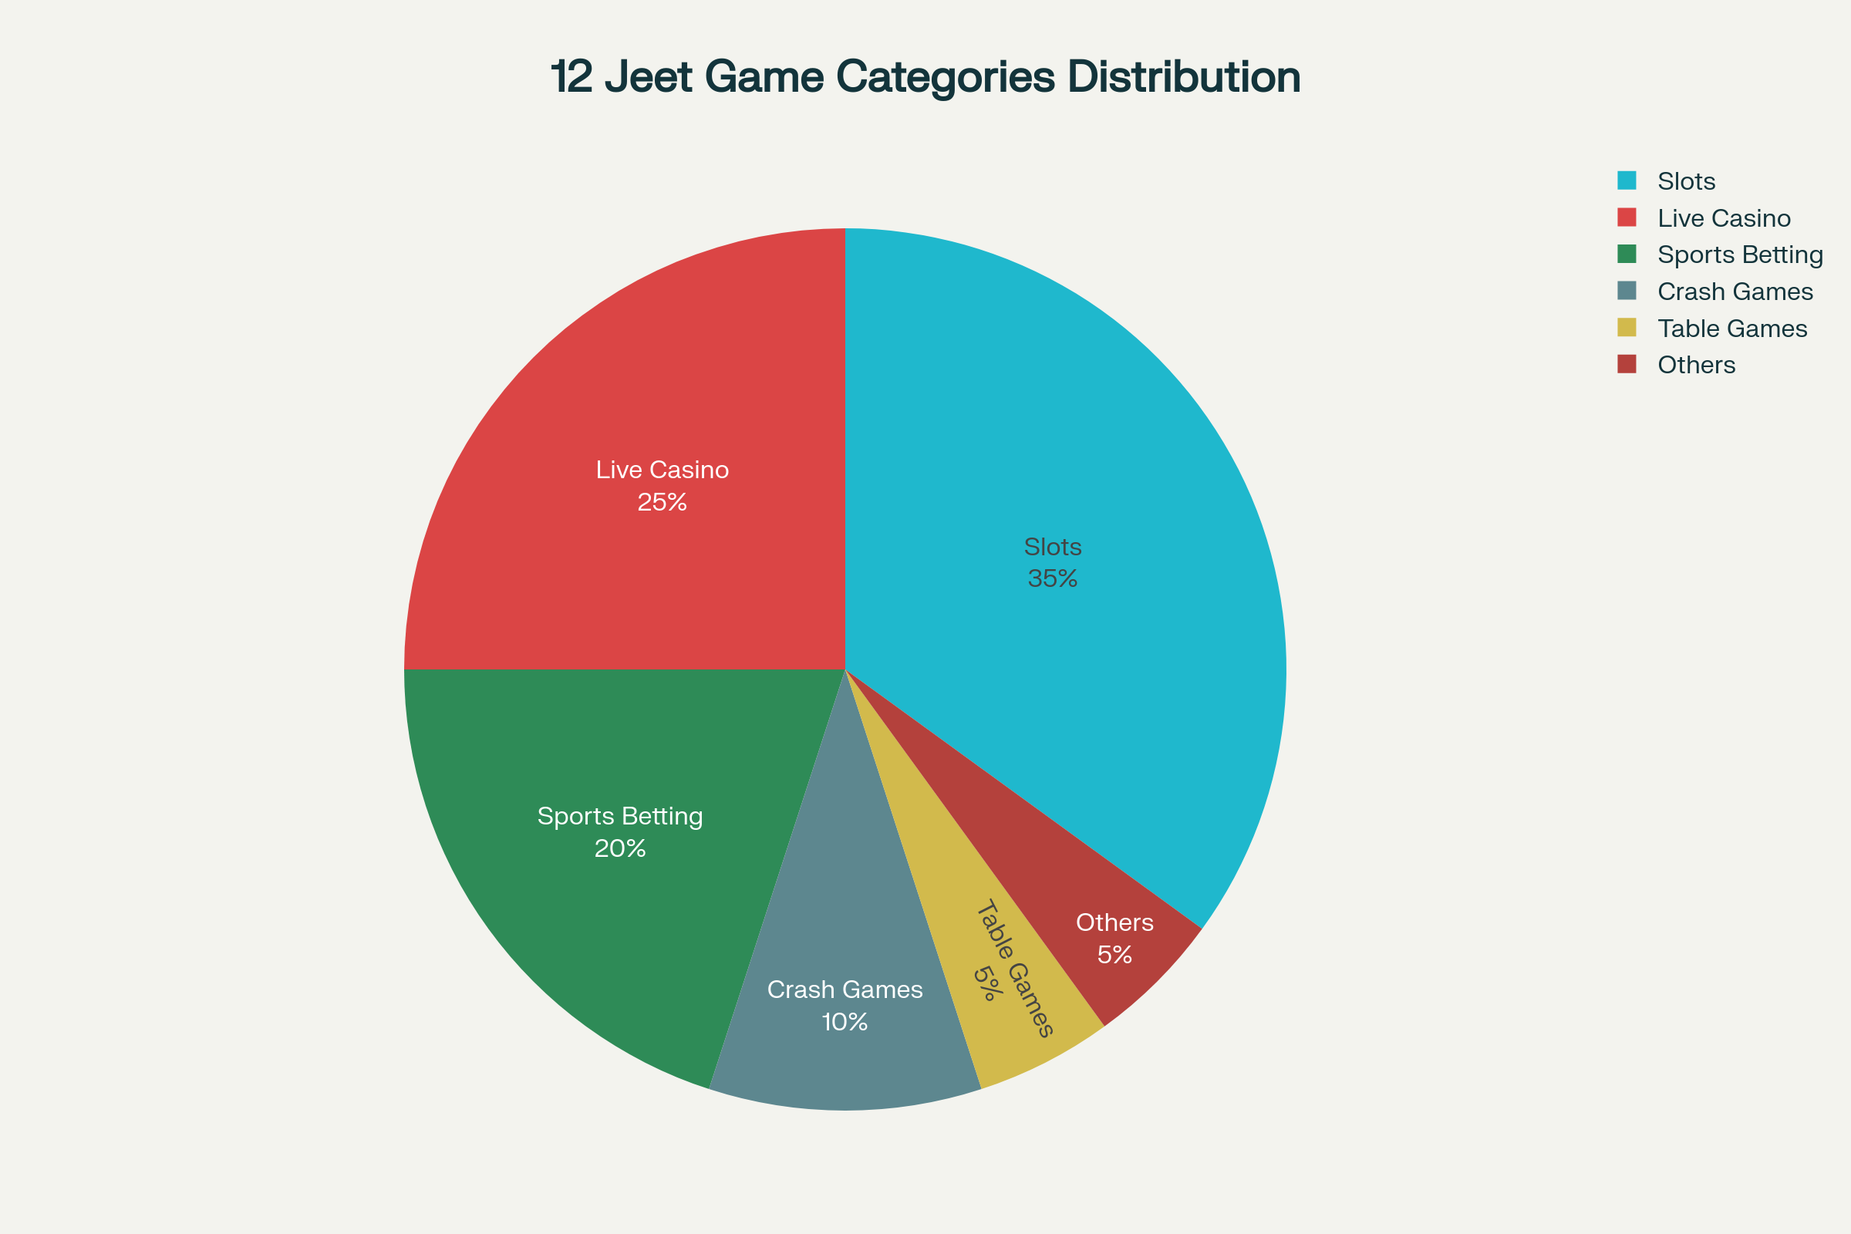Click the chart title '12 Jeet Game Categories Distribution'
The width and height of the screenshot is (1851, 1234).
[x=925, y=77]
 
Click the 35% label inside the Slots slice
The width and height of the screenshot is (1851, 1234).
[x=1052, y=579]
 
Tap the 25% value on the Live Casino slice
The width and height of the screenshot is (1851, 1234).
[x=662, y=502]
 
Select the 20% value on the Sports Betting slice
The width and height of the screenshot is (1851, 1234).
[x=620, y=848]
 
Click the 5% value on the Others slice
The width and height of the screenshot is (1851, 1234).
[x=1114, y=956]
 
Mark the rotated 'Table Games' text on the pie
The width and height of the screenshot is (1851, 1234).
[x=1014, y=968]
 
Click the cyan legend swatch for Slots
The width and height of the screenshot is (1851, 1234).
[x=1627, y=180]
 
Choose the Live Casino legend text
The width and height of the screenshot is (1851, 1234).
[x=1724, y=218]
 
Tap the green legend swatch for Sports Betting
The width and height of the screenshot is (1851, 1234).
[x=1627, y=254]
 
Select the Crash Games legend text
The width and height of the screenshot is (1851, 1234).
[x=1735, y=292]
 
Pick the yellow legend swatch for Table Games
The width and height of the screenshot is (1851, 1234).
[x=1627, y=327]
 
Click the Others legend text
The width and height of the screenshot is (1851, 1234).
[x=1696, y=364]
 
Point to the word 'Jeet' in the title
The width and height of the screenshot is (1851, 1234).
[x=649, y=77]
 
